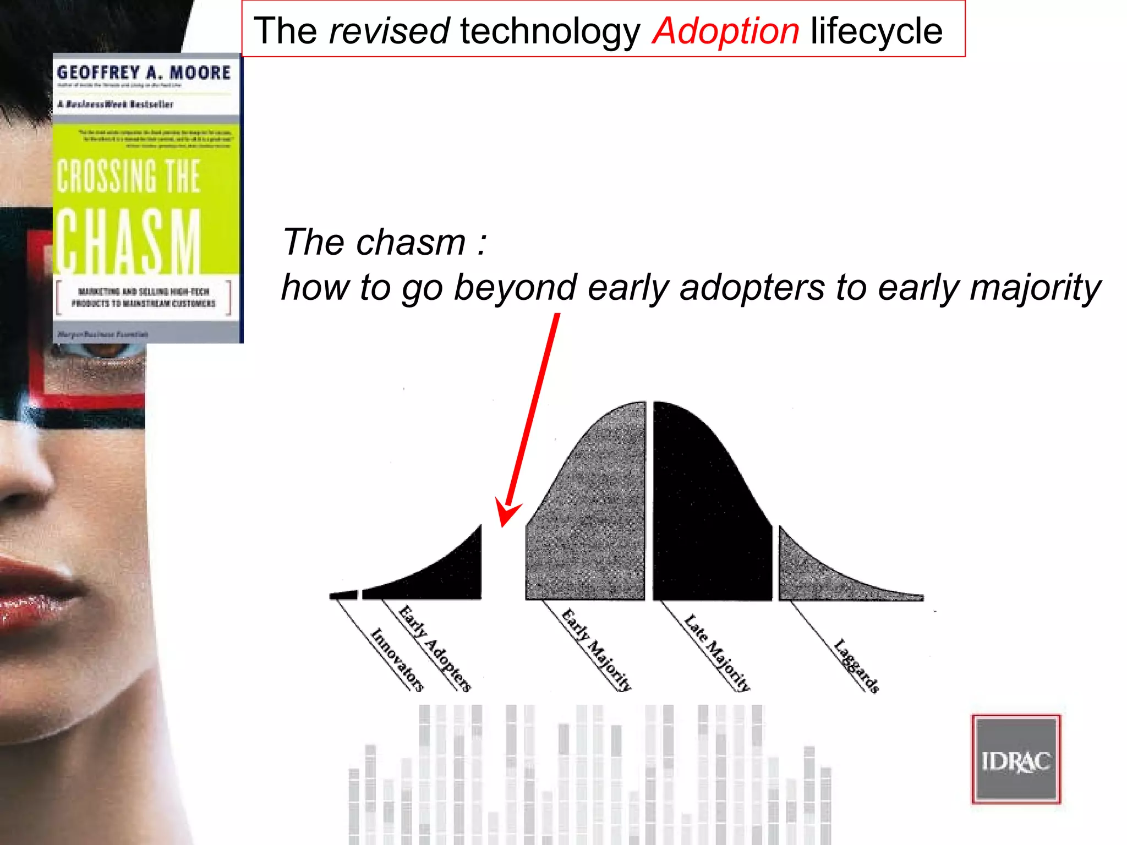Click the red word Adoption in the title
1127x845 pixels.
point(725,31)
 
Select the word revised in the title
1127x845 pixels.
point(389,31)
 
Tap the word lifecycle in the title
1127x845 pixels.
point(876,31)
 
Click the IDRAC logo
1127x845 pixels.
point(1016,760)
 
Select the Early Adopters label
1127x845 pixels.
point(435,648)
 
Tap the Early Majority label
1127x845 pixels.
point(597,649)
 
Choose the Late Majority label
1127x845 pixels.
point(717,652)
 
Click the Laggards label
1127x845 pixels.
point(856,666)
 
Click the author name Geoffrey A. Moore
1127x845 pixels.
point(144,73)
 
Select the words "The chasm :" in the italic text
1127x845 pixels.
point(384,242)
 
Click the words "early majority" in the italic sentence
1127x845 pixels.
point(989,287)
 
